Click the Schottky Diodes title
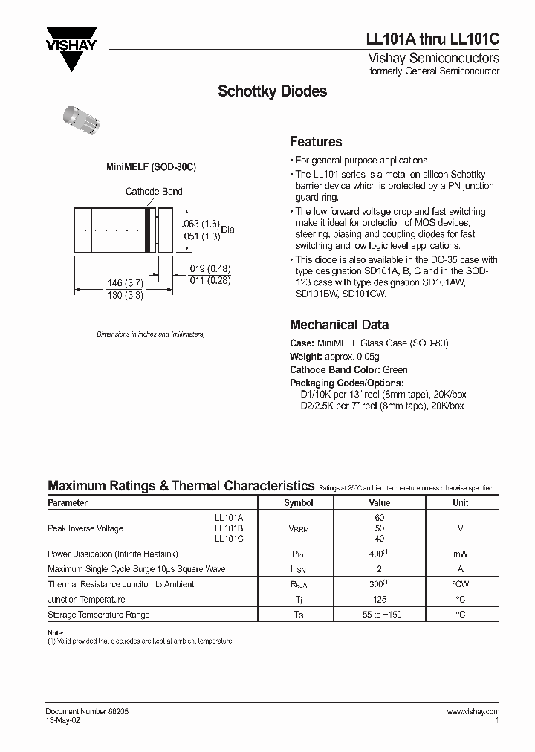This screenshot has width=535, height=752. point(272,92)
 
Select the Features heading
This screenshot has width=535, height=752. point(316,142)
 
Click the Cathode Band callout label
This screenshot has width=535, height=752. point(154,192)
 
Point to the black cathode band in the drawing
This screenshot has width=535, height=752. point(148,233)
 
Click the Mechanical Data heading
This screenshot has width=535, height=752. point(339,325)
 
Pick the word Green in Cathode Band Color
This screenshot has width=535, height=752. point(395,369)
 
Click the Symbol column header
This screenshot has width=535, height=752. point(299,503)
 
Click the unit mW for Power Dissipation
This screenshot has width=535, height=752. point(461,554)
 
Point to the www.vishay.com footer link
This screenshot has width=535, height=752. point(473,711)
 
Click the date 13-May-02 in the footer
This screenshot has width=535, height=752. point(65,721)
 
